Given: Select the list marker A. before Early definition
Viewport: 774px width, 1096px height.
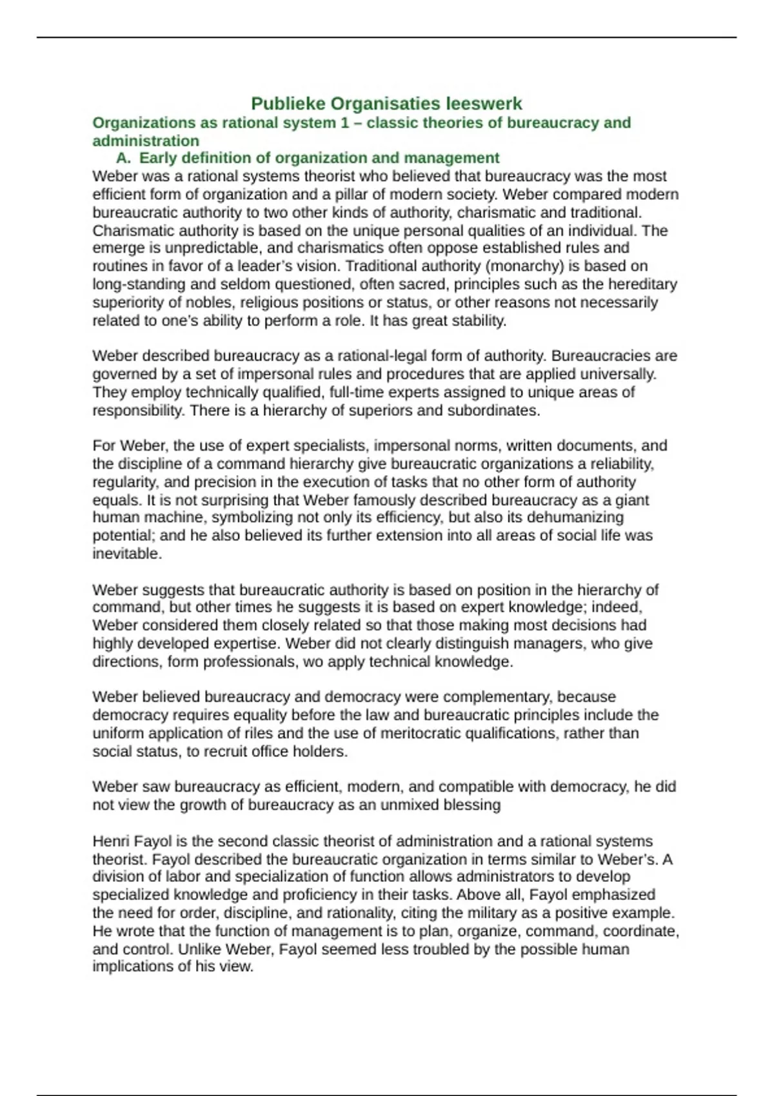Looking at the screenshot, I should point(123,158).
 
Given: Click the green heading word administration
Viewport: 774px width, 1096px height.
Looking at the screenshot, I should point(146,141).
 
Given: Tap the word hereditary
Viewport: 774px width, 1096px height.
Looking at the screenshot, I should point(642,284).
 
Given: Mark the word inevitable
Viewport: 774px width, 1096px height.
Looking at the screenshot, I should point(127,554).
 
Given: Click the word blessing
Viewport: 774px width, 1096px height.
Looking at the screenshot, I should point(473,805).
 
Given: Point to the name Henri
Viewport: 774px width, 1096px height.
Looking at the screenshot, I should point(111,841).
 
